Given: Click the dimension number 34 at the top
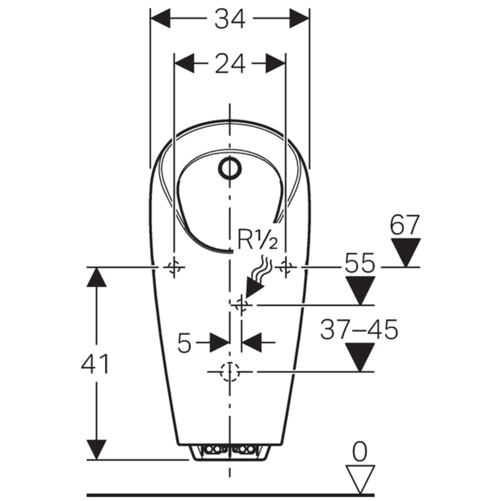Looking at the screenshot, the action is click(230, 19).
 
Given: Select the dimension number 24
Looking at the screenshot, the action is click(230, 63).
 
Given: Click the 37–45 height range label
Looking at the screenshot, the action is click(359, 330).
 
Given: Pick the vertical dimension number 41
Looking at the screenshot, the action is click(95, 364).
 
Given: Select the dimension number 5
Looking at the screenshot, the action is click(184, 343).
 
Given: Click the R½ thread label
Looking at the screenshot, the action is click(257, 240).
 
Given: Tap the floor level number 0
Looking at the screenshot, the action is click(359, 450).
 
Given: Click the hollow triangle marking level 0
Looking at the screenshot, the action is click(359, 477).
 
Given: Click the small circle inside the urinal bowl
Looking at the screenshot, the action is click(230, 167).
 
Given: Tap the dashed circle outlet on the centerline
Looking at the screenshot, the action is click(230, 372).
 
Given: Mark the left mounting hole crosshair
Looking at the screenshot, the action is click(174, 267).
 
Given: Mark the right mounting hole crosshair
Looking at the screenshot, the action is click(286, 267).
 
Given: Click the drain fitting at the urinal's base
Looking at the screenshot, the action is click(230, 450).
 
